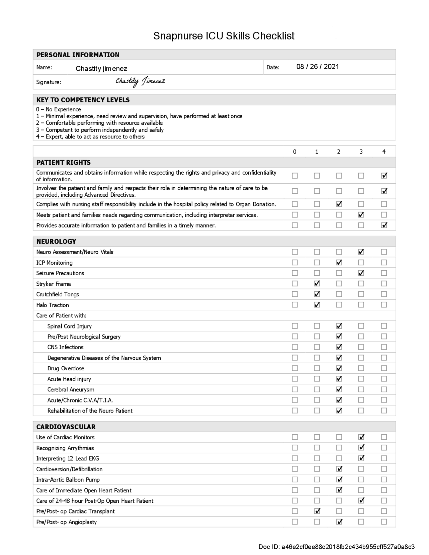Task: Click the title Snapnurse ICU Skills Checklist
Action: point(224,36)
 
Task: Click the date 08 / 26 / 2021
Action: point(317,67)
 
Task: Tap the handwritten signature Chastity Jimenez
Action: point(140,81)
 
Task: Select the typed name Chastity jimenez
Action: point(101,69)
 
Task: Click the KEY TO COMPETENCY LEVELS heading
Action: point(83,100)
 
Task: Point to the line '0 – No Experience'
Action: point(59,109)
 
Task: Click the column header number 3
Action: point(361,152)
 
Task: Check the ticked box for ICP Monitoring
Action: point(339,262)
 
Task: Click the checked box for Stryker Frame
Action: point(317,284)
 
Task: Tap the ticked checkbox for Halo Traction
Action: point(317,305)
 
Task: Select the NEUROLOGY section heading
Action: point(56,241)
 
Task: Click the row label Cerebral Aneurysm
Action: point(71,389)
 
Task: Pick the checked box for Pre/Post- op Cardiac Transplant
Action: point(317,511)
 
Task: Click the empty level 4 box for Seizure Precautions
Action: point(384,273)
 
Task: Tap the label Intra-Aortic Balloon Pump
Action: point(68,480)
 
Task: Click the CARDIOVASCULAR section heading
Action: point(66,427)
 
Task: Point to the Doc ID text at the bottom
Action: point(336,547)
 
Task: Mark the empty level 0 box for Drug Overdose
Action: point(295,368)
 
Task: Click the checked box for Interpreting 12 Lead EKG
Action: point(361,458)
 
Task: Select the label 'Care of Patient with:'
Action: point(61,315)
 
